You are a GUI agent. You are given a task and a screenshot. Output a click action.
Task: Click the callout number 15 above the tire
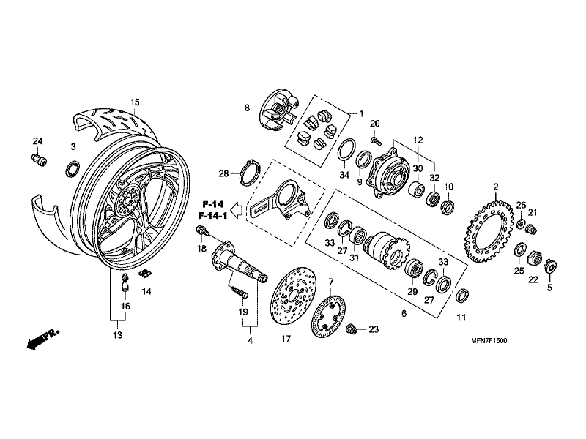click(x=134, y=101)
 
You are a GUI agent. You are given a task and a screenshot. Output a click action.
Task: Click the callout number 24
click(x=37, y=141)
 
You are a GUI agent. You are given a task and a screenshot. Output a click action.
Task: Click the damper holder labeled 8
click(x=273, y=110)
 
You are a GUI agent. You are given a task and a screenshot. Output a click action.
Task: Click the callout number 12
click(x=418, y=139)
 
